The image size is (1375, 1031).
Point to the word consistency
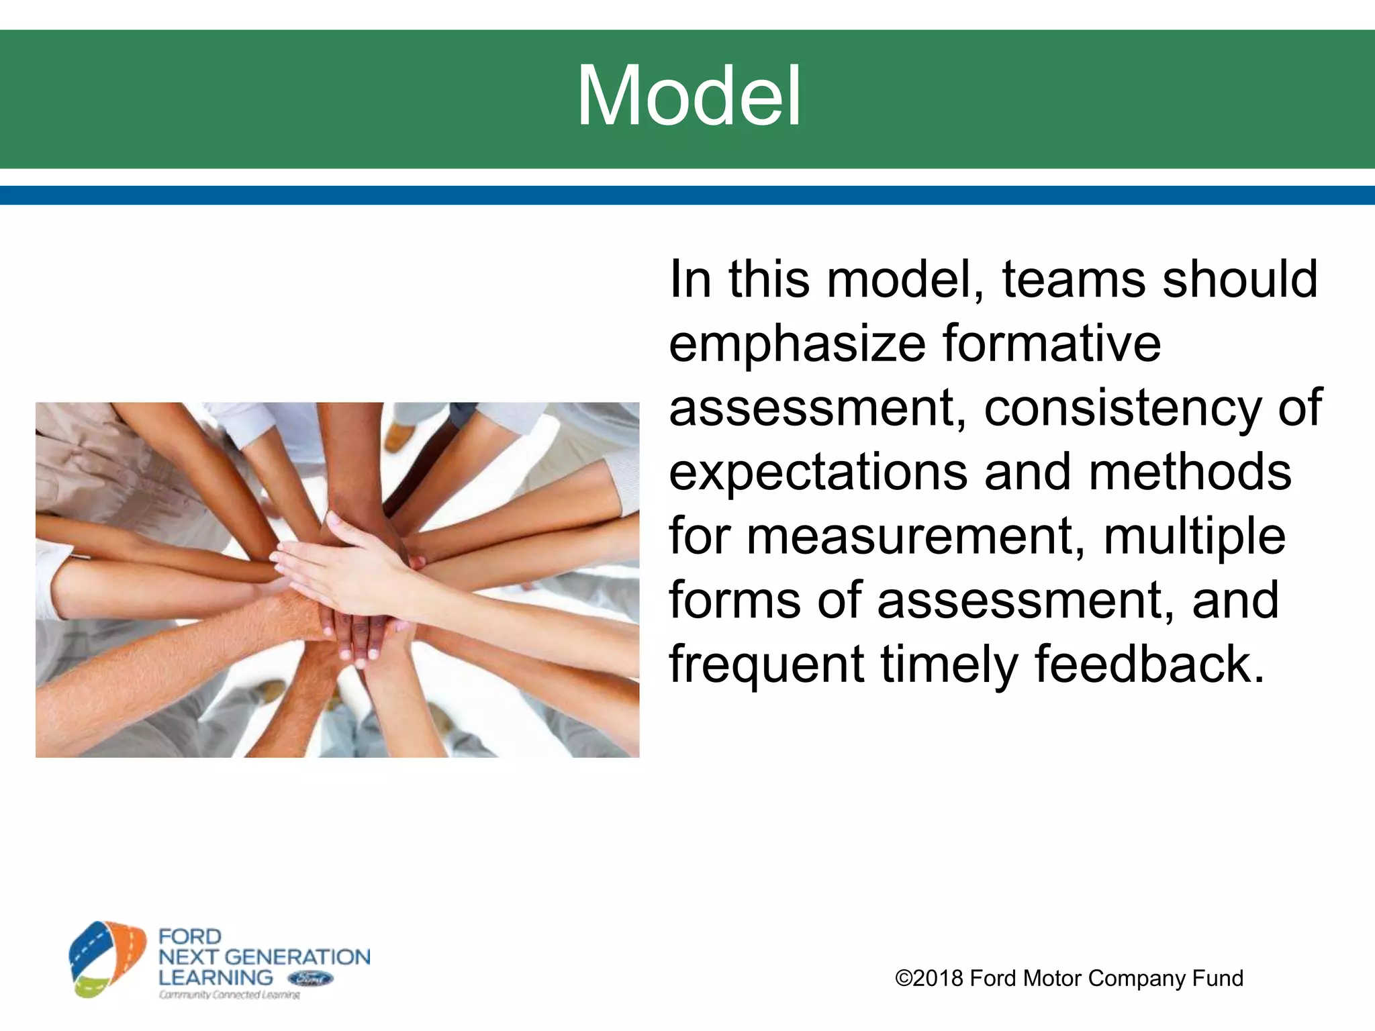[x=1123, y=408]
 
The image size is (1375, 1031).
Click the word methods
[x=1190, y=472]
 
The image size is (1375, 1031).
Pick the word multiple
[x=1195, y=537]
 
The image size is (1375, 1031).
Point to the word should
[x=1240, y=279]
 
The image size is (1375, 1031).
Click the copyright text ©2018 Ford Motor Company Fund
[x=1069, y=978]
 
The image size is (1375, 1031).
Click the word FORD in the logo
[x=190, y=936]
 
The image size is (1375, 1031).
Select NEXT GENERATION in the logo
[x=264, y=957]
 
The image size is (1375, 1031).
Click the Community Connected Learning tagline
[x=230, y=995]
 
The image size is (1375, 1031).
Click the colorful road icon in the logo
[x=108, y=959]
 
